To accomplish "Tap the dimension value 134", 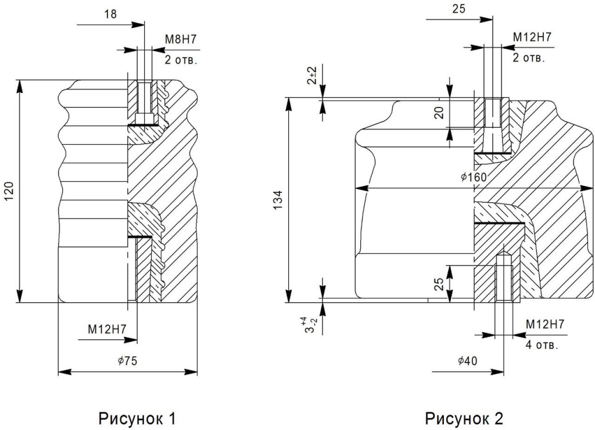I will (278, 200).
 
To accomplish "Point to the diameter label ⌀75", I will (127, 361).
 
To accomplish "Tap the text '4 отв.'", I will (542, 345).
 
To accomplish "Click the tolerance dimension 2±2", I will (312, 76).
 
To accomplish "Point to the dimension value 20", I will (440, 112).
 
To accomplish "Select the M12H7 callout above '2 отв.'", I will (532, 37).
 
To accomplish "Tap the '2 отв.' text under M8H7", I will (181, 60).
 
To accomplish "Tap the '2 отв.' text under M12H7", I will (529, 58).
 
